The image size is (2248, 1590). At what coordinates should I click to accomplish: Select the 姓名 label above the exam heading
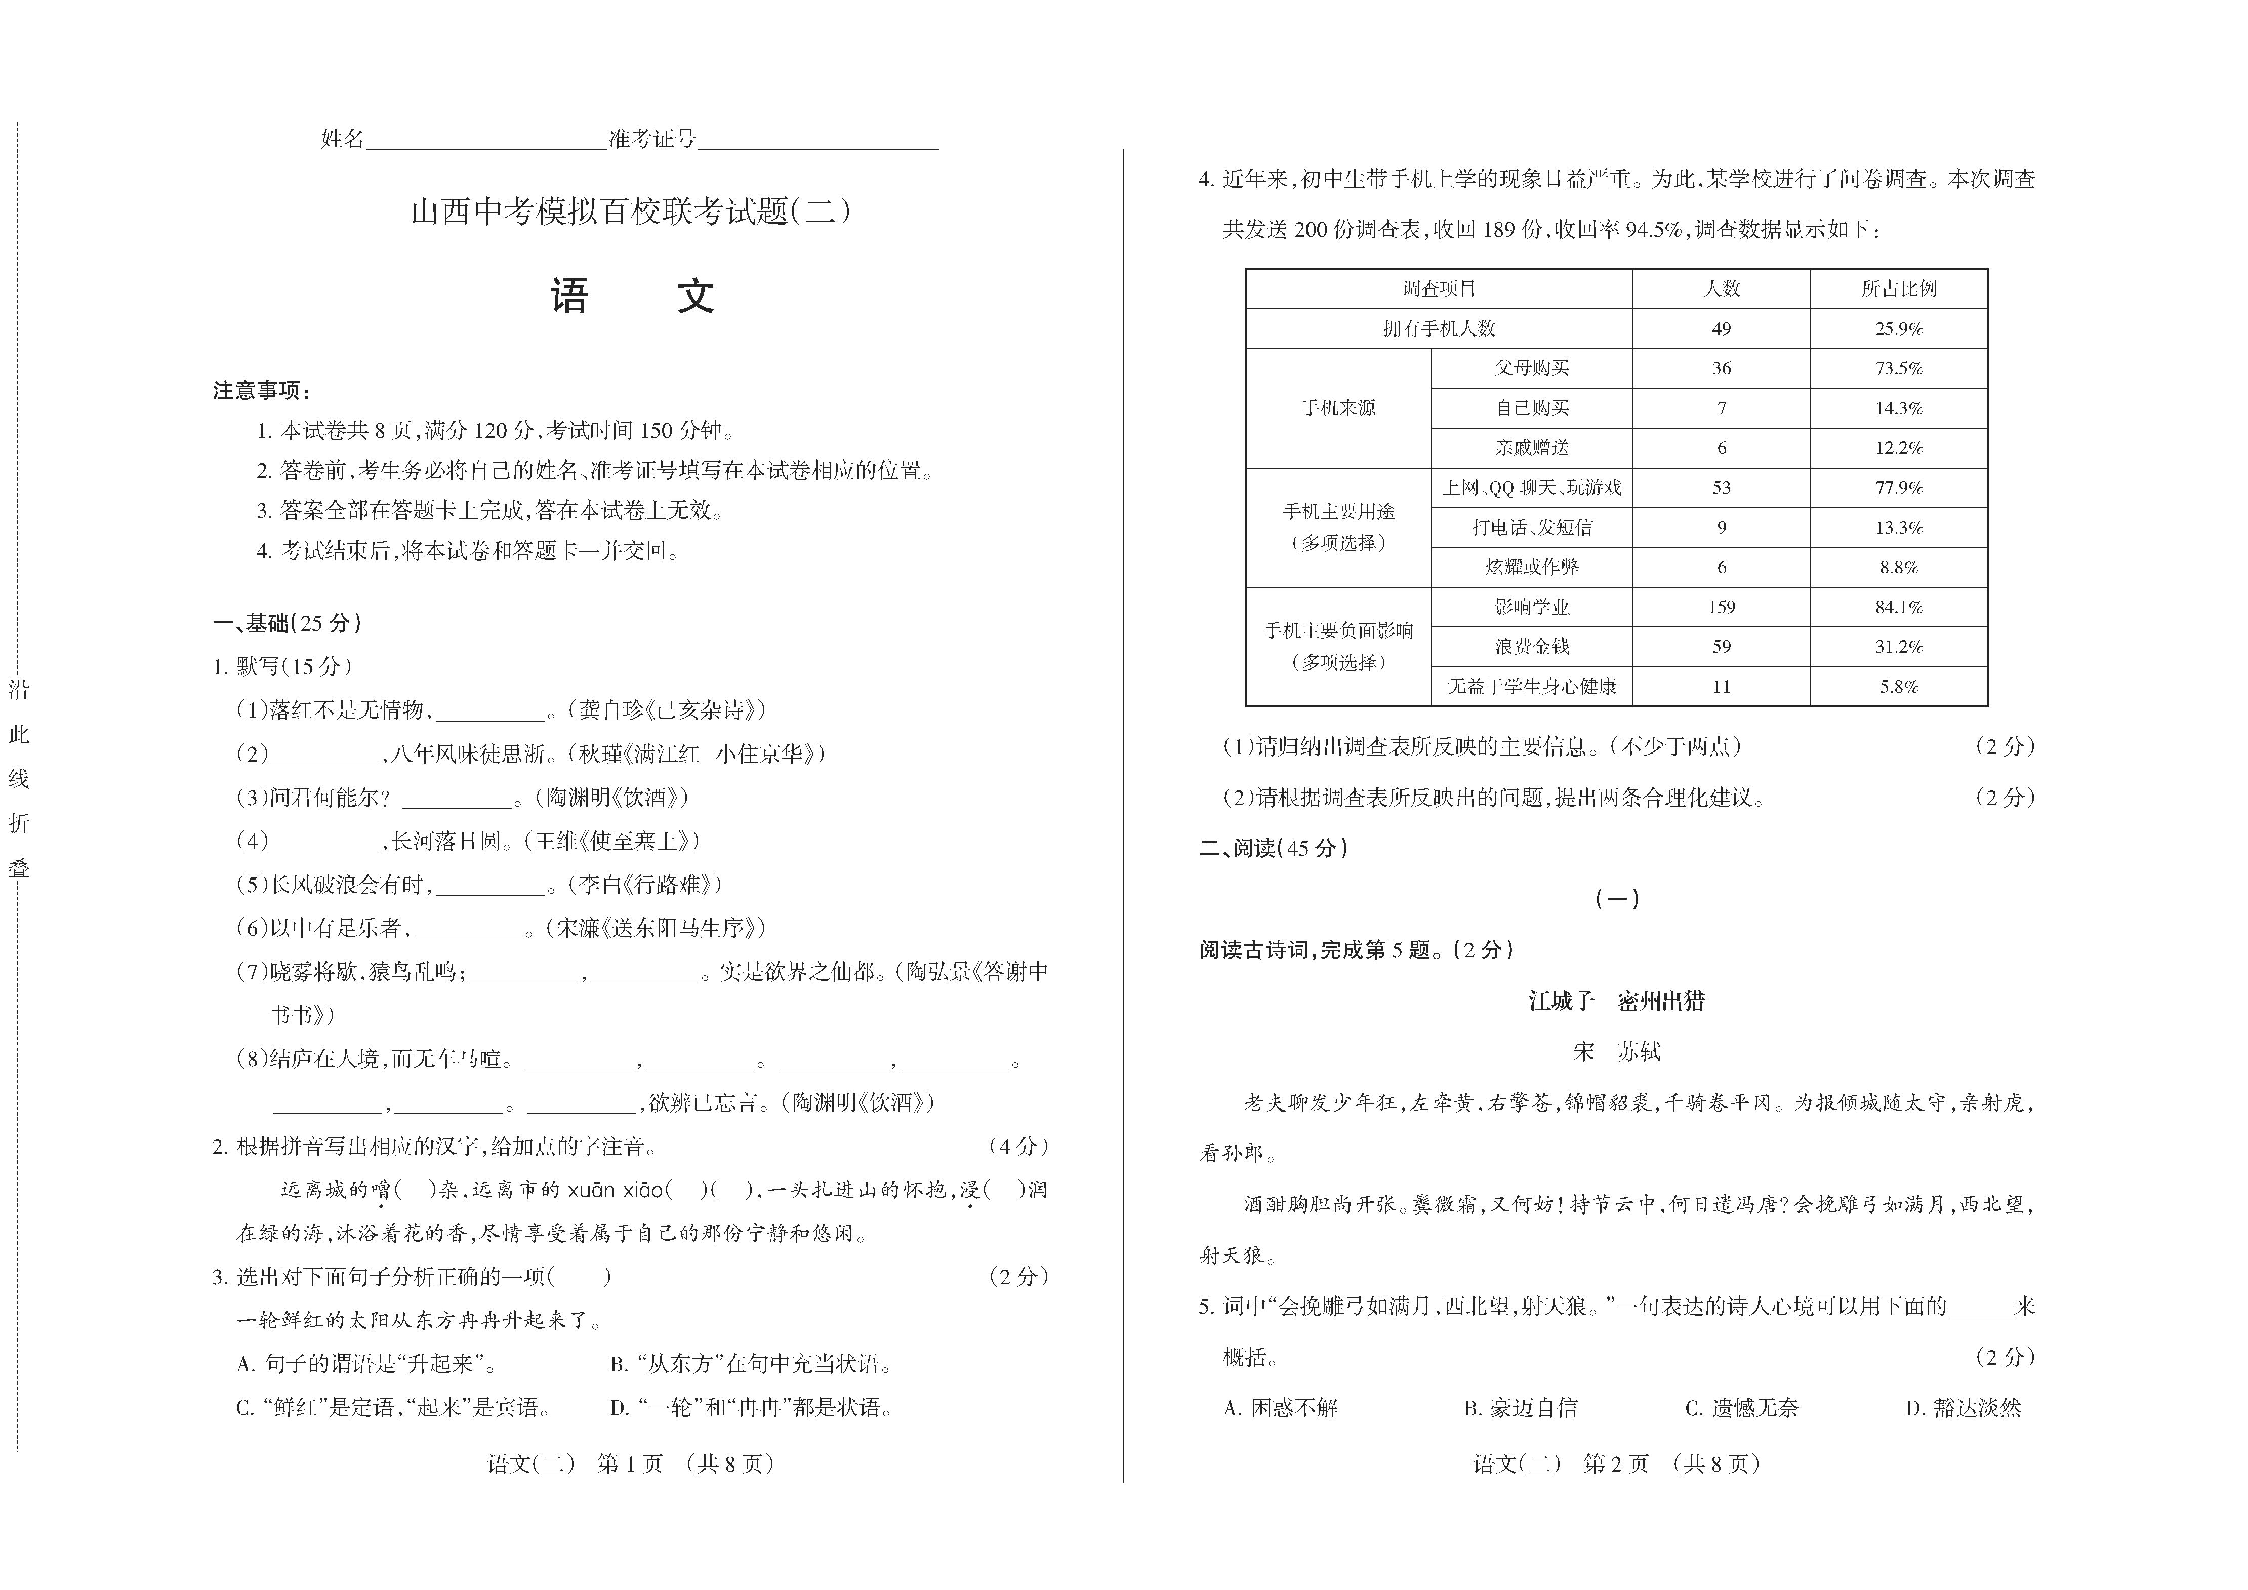[x=343, y=139]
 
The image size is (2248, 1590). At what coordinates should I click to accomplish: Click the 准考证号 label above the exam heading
[x=652, y=139]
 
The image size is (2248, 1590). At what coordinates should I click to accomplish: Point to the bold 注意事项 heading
[x=261, y=391]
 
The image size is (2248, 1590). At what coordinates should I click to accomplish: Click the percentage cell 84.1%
[x=1898, y=607]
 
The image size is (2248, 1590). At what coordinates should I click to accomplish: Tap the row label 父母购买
[x=1531, y=368]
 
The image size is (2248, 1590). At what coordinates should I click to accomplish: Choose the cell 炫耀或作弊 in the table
[x=1531, y=567]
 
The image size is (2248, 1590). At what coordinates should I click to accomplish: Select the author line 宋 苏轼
[x=1616, y=1052]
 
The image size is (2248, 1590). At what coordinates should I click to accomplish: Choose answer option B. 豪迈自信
[x=1521, y=1408]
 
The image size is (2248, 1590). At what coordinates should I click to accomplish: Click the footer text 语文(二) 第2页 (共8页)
[x=1616, y=1463]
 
